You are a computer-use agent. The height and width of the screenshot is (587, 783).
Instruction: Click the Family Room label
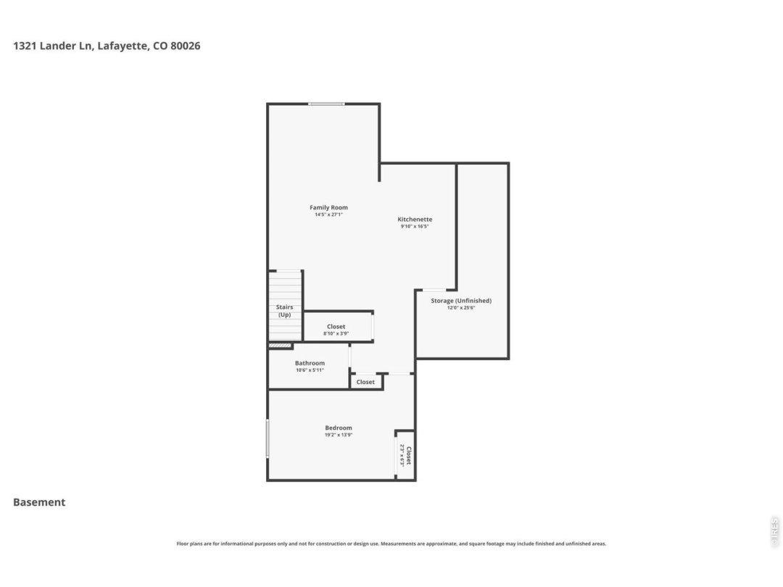328,207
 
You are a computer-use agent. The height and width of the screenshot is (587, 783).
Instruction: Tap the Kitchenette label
415,219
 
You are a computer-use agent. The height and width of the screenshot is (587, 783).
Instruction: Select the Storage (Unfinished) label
461,301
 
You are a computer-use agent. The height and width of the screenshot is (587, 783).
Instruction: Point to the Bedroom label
339,428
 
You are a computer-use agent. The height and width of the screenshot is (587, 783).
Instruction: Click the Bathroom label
310,363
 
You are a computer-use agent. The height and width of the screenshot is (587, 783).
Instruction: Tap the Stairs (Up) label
285,311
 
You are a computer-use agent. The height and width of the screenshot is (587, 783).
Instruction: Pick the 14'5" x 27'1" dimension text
328,215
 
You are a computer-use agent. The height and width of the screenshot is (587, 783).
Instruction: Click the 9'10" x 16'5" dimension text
415,226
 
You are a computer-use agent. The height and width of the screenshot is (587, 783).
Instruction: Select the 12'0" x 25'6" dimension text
461,308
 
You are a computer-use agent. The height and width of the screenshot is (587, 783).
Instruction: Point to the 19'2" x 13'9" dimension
339,435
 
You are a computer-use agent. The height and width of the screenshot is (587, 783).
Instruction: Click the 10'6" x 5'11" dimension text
310,370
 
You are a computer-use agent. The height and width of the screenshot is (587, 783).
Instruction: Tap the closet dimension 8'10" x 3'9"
336,333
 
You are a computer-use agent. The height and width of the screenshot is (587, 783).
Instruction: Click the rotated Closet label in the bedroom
408,455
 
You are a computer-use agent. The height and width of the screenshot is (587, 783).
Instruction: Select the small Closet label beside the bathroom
365,382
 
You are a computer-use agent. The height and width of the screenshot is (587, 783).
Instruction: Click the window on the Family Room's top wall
326,104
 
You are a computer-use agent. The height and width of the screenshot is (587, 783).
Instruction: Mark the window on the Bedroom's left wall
268,438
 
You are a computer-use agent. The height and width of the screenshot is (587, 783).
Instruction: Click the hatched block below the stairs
280,345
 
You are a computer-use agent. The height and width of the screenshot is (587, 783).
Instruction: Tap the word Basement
39,502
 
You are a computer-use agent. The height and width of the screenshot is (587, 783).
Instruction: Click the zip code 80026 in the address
186,46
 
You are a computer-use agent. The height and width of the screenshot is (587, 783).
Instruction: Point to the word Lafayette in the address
123,46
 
